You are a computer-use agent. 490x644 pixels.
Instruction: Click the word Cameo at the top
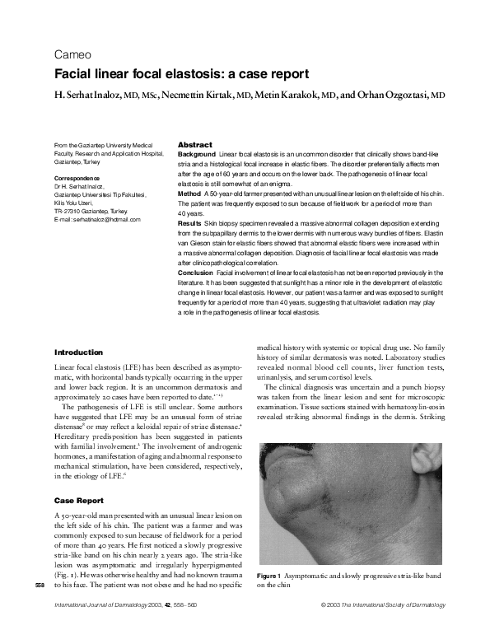tap(72, 56)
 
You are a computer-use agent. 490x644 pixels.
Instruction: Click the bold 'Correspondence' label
tap(78, 179)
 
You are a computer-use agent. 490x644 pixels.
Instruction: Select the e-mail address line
tap(97, 220)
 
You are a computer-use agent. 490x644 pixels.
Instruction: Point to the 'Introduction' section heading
tap(78, 352)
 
